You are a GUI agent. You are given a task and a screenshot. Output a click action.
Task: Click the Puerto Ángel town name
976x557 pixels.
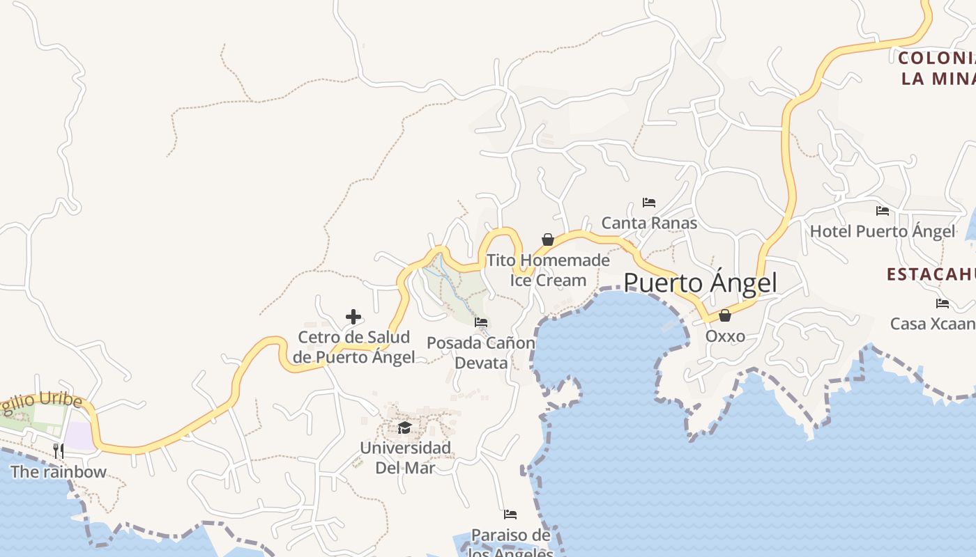click(700, 283)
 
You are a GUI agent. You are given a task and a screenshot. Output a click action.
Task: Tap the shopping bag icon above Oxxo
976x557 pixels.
click(725, 315)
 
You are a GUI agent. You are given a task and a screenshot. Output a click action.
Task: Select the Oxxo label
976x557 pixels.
click(725, 336)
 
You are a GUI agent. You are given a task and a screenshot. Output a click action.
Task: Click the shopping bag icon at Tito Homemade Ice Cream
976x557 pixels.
click(548, 240)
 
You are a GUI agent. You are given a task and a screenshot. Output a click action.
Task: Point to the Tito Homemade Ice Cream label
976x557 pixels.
click(548, 270)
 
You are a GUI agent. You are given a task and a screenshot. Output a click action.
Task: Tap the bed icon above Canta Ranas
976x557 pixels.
click(649, 203)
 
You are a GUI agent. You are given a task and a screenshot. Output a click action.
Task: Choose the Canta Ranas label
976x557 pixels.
click(649, 223)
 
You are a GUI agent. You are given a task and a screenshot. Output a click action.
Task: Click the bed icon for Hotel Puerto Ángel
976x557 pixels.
click(883, 210)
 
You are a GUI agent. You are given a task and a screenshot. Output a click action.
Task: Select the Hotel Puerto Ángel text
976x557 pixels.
click(883, 231)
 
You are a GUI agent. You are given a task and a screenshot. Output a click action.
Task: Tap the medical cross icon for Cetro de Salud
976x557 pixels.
click(353, 317)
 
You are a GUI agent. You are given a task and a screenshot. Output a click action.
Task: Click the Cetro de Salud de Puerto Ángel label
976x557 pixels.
click(353, 347)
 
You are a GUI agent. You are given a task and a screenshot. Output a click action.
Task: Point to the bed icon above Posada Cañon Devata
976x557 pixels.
click(481, 322)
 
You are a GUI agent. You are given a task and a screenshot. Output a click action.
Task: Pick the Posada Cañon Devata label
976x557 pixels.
click(481, 353)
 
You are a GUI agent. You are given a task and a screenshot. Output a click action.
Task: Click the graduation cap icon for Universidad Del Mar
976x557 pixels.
click(405, 427)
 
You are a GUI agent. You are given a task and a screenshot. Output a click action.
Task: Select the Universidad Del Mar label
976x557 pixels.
click(405, 457)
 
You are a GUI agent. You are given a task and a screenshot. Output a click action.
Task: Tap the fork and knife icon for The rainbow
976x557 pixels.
click(59, 451)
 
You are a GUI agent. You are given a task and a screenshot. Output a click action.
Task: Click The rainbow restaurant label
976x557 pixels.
click(59, 472)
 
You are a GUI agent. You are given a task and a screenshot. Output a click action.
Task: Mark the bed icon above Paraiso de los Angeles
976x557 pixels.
click(510, 515)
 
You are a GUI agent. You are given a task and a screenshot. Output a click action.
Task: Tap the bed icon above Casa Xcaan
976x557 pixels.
click(943, 303)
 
